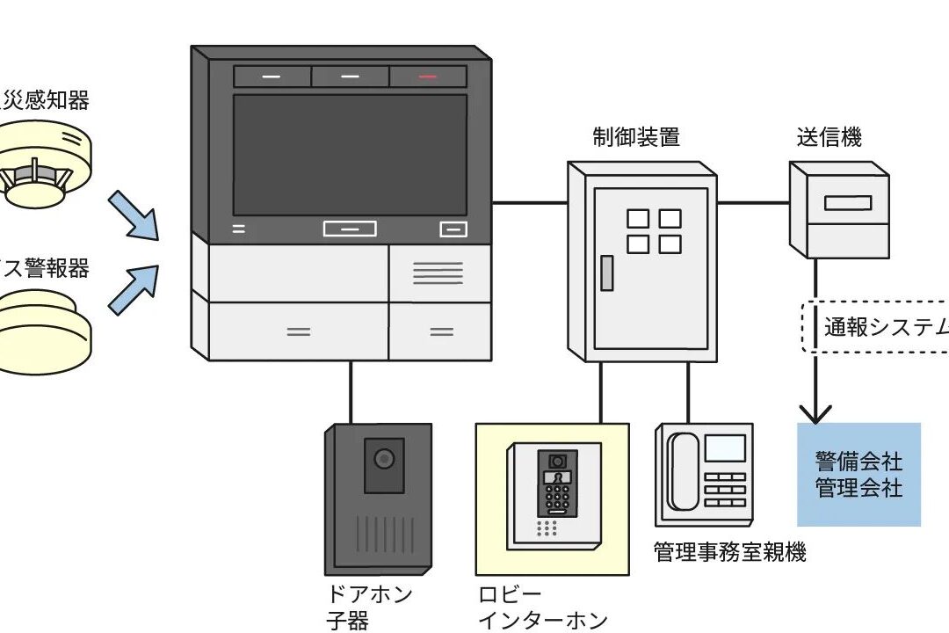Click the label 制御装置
tap(635, 137)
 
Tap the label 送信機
tap(829, 137)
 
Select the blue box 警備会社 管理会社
tap(858, 474)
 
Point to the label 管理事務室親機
tap(729, 552)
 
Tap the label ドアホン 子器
tap(369, 608)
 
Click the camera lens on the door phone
tap(383, 458)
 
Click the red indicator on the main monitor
tap(428, 76)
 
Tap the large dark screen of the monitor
tap(350, 153)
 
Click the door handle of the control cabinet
tap(606, 273)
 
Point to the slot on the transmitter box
tap(848, 203)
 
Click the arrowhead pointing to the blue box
tap(817, 411)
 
